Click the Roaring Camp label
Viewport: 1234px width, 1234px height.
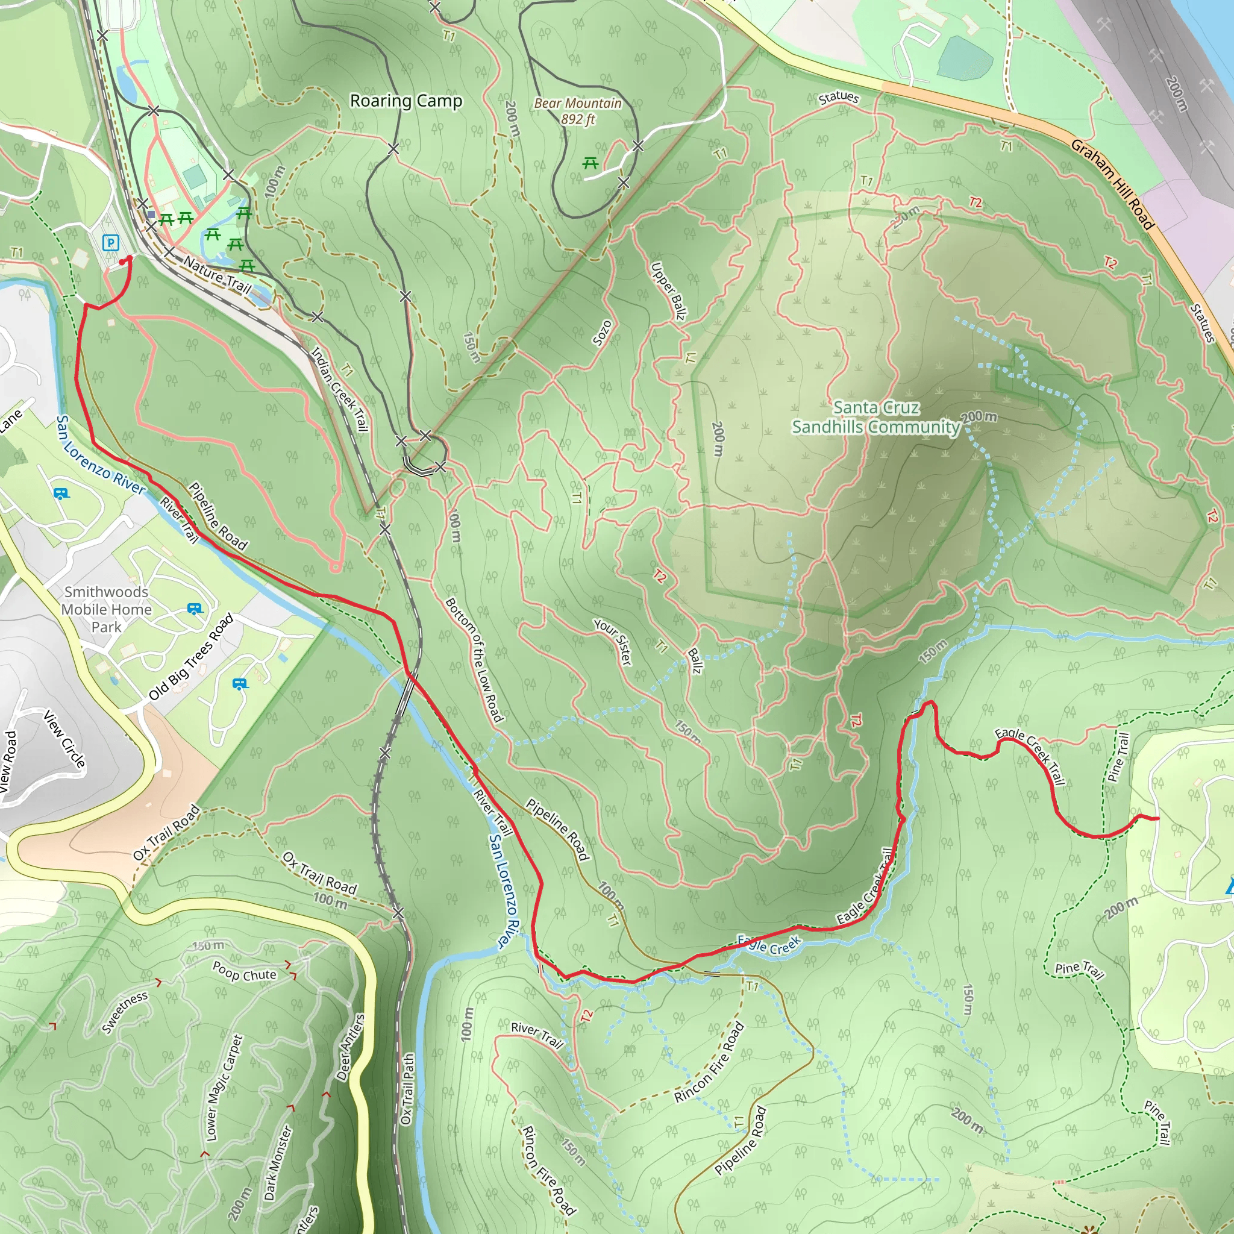(406, 101)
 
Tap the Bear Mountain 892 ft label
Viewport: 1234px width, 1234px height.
(577, 111)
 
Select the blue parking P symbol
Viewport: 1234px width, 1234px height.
(110, 243)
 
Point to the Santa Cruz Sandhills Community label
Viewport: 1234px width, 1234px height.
(875, 417)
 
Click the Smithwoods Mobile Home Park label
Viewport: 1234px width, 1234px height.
(107, 609)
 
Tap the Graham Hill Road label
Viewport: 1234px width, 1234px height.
(1113, 184)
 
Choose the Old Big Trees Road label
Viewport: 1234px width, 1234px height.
(191, 657)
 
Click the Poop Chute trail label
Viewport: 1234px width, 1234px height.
(245, 971)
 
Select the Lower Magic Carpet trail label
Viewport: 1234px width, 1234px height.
(224, 1088)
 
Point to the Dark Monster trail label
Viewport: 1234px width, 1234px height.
(277, 1162)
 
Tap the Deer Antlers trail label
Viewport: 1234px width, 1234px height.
(350, 1047)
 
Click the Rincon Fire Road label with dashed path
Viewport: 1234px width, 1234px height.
(709, 1062)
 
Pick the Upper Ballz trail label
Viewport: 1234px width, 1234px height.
(668, 291)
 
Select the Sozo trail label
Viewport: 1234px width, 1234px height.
(602, 333)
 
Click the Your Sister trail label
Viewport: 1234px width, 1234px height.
(613, 642)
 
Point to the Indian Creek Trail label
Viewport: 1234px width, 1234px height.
(339, 389)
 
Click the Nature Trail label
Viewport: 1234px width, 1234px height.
(217, 274)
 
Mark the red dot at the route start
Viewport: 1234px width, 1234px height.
(129, 258)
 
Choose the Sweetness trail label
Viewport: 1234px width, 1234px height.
(125, 1012)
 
